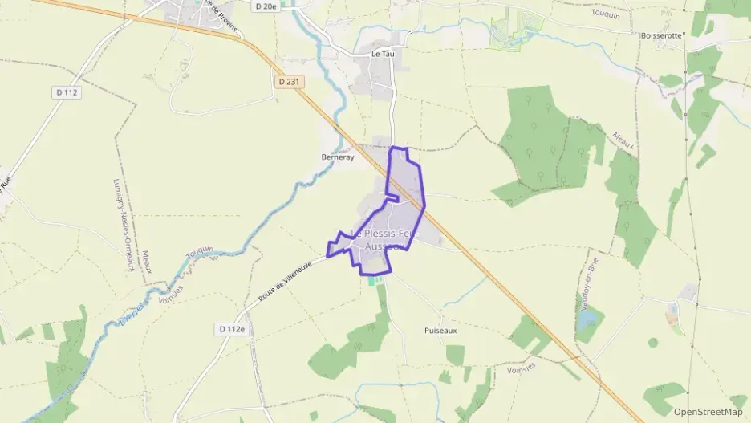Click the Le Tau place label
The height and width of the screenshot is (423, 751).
[x=383, y=54]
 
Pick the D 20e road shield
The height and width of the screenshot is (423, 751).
[x=264, y=6]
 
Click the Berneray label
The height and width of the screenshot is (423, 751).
[x=337, y=157]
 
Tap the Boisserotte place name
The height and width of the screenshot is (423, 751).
[x=662, y=35]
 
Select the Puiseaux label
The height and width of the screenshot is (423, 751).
[x=440, y=330]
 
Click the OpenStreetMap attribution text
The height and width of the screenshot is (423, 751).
[x=708, y=412]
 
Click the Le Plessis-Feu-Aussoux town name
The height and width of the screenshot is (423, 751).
[x=388, y=239]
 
